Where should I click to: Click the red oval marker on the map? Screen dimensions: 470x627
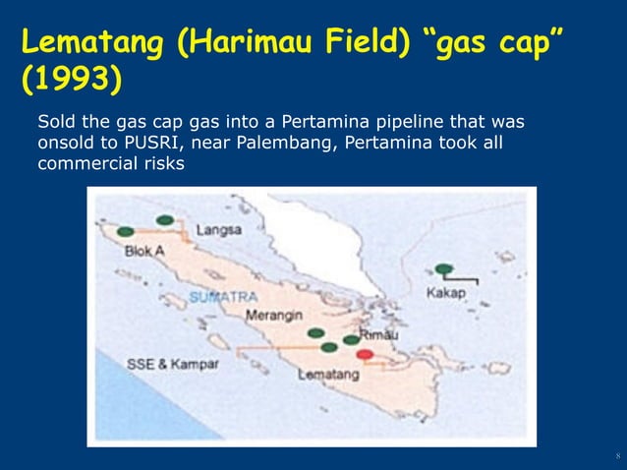point(366,354)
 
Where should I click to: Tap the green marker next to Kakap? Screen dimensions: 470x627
point(444,268)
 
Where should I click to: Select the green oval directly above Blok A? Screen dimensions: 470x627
point(126,231)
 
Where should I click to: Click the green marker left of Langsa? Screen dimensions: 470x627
point(165,218)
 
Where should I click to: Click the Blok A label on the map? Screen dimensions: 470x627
point(144,251)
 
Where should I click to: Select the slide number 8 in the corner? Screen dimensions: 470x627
point(616,456)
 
